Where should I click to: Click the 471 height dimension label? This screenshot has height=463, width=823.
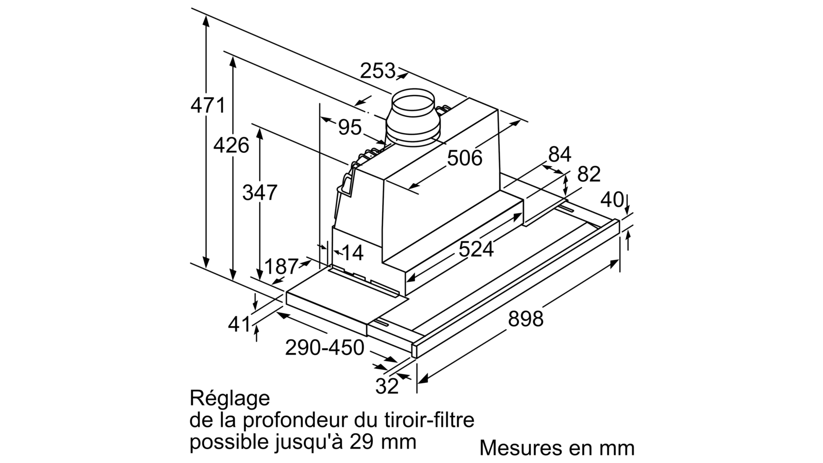point(208,106)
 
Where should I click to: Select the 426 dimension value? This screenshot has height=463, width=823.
point(231,145)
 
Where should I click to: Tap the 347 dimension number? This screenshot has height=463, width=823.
point(260,192)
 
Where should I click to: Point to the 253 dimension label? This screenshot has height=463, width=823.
point(378,70)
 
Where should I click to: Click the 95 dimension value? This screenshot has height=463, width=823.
point(350,127)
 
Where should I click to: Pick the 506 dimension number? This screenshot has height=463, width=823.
point(464,158)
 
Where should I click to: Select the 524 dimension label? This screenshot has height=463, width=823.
point(476,249)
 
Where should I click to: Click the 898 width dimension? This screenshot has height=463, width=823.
point(525,318)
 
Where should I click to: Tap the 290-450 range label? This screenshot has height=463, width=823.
point(325,347)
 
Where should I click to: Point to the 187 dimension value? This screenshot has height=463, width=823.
point(281,266)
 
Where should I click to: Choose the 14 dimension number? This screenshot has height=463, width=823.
point(352,253)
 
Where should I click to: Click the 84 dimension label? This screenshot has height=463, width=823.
point(560,154)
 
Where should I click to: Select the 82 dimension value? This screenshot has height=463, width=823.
point(589,174)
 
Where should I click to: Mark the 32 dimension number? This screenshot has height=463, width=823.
point(387,386)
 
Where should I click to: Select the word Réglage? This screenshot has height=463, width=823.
point(229,398)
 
